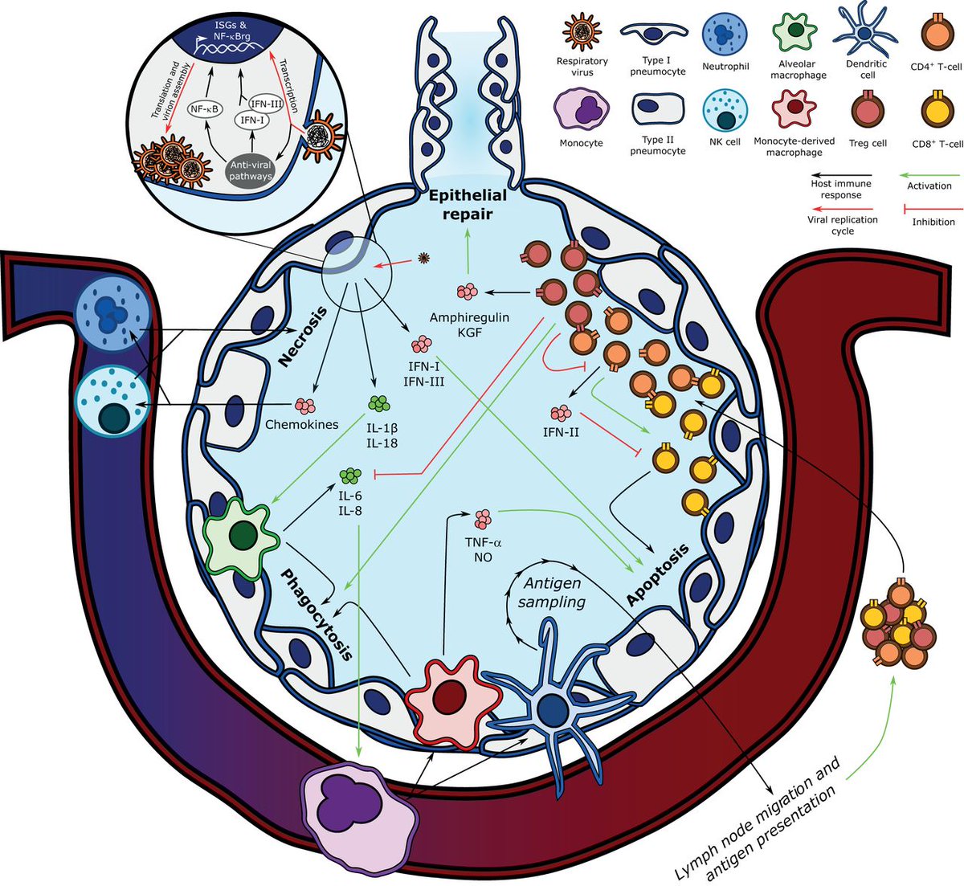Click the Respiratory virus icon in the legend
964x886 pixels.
pyautogui.click(x=582, y=32)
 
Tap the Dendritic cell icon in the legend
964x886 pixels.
pyautogui.click(x=864, y=31)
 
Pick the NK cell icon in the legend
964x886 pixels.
pyautogui.click(x=725, y=109)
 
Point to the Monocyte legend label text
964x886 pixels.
pyautogui.click(x=581, y=143)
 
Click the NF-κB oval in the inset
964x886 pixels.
pyautogui.click(x=204, y=109)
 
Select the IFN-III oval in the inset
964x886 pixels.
pyautogui.click(x=265, y=104)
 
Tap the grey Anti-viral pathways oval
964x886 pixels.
pyautogui.click(x=251, y=170)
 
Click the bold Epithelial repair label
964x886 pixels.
pyautogui.click(x=468, y=204)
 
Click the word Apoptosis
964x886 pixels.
pyautogui.click(x=657, y=574)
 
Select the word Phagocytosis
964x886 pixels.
pyautogui.click(x=317, y=614)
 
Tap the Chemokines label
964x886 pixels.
pyautogui.click(x=302, y=424)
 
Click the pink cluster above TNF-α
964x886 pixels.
pyautogui.click(x=483, y=519)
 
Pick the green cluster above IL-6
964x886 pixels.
pyautogui.click(x=350, y=476)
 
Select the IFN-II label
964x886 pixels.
pyautogui.click(x=561, y=432)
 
